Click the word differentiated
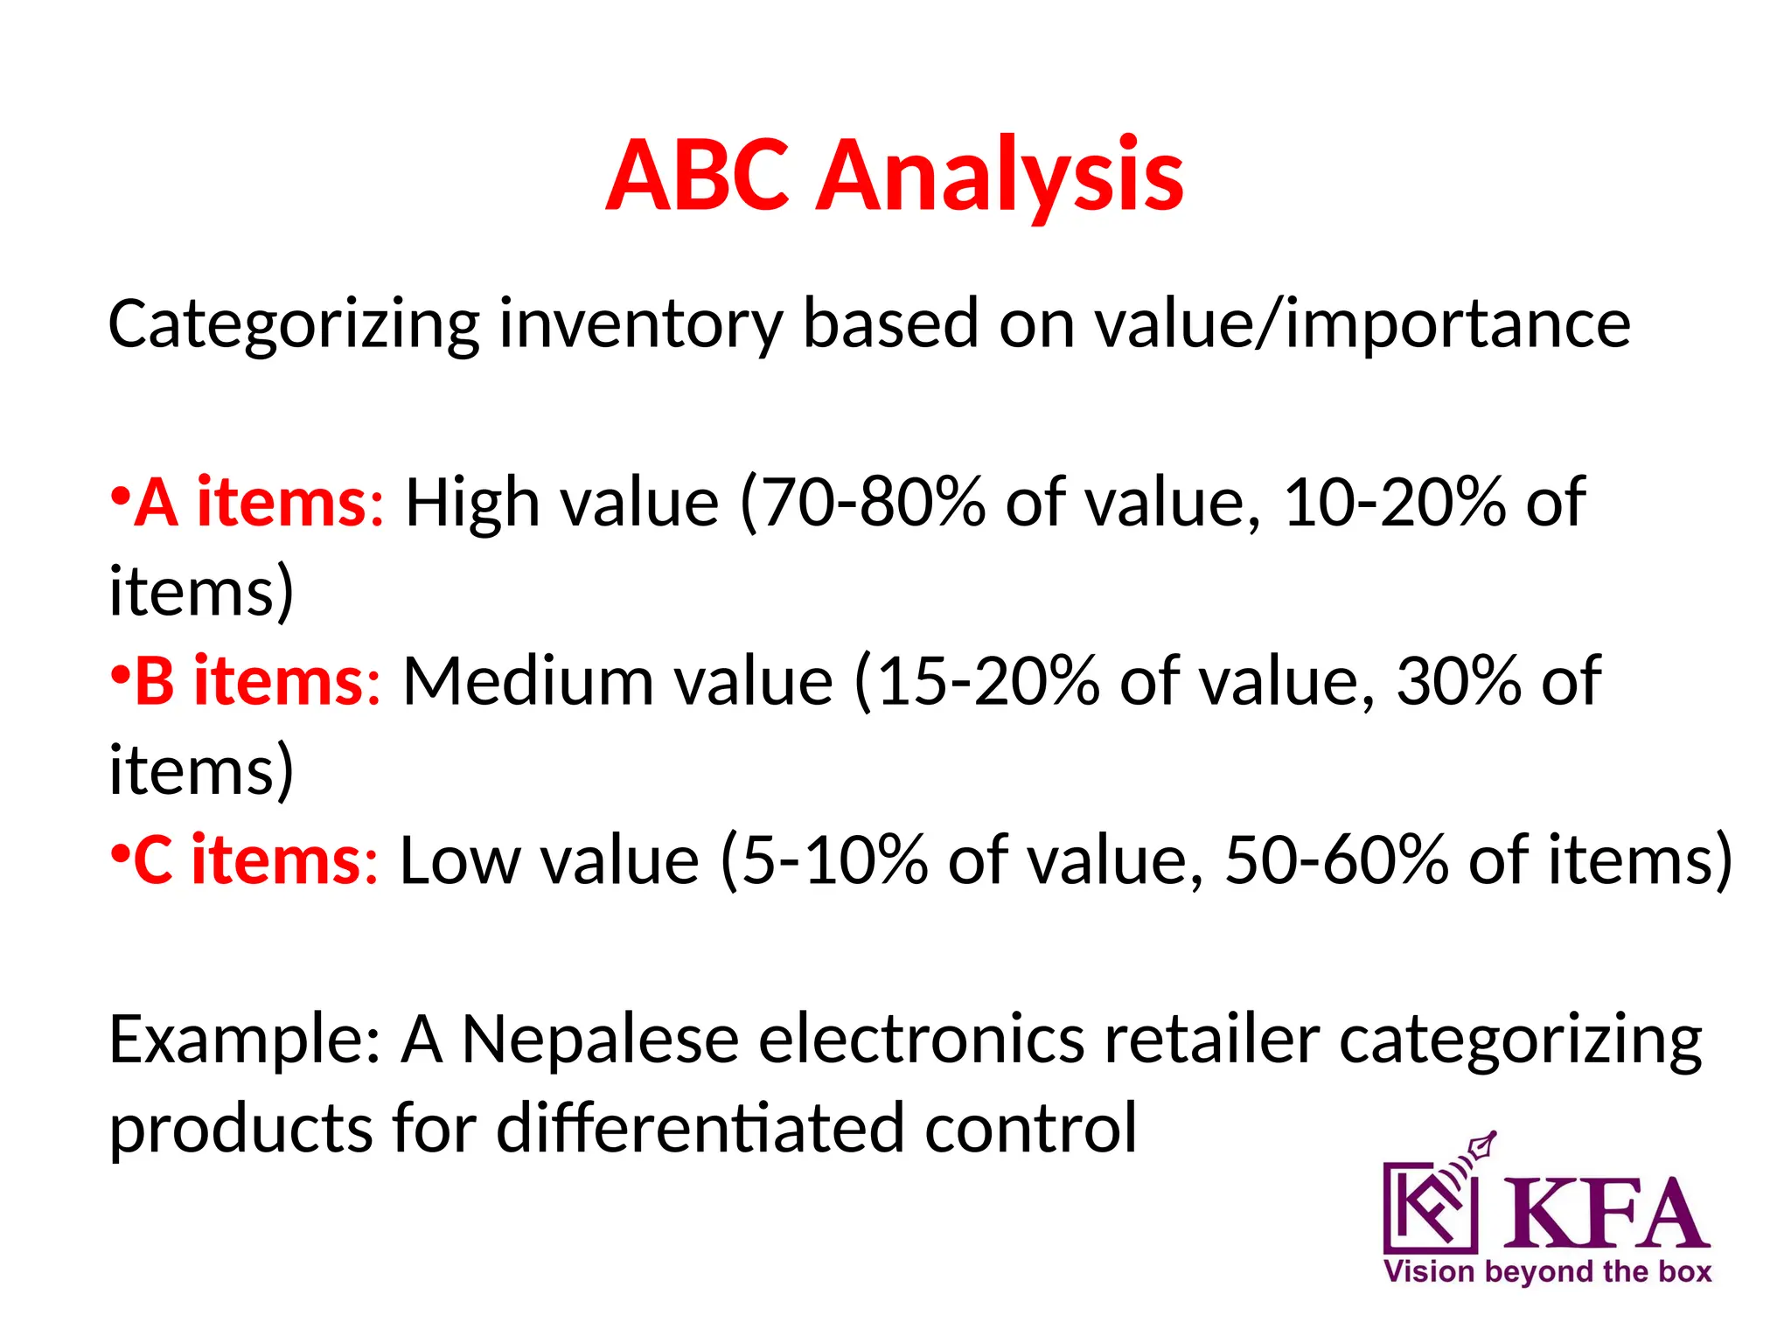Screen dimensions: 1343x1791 (700, 1128)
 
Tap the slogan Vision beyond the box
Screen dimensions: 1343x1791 (1547, 1271)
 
